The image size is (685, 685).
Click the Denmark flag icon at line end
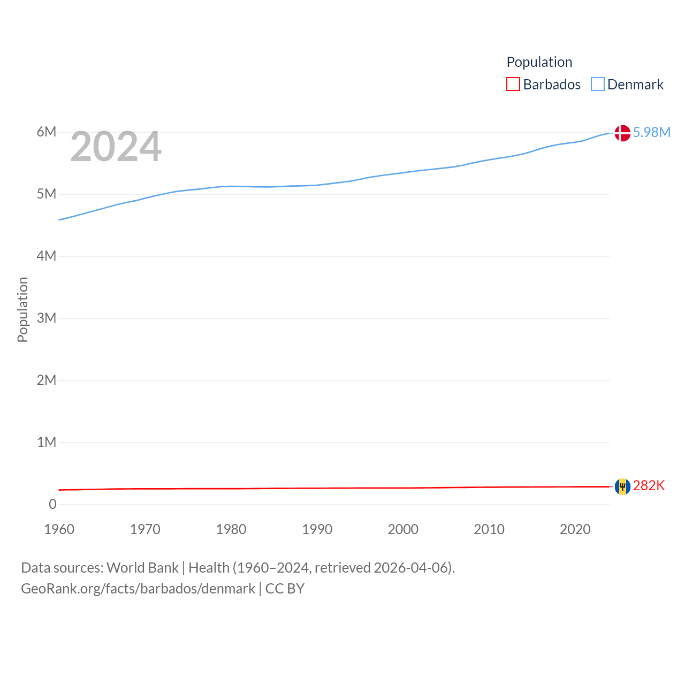(622, 133)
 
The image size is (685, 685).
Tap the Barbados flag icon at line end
(622, 486)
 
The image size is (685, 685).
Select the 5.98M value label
(651, 132)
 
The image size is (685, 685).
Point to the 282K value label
(649, 485)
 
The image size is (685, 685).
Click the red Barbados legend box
(513, 85)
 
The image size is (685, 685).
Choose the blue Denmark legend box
(597, 85)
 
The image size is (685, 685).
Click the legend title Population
(539, 62)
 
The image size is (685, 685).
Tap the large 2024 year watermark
(116, 147)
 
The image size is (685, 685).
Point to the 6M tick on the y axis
(47, 132)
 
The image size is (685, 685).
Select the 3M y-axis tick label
(47, 318)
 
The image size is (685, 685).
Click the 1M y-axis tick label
(47, 442)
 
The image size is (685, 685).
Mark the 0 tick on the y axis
(52, 504)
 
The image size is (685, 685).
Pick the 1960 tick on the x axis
(59, 529)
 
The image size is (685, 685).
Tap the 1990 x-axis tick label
(317, 529)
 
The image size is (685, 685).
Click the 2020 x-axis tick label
(575, 529)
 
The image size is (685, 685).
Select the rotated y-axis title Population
(22, 309)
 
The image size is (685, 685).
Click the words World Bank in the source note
(142, 567)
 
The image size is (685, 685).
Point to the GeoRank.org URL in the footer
(138, 589)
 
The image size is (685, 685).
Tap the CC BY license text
(285, 589)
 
